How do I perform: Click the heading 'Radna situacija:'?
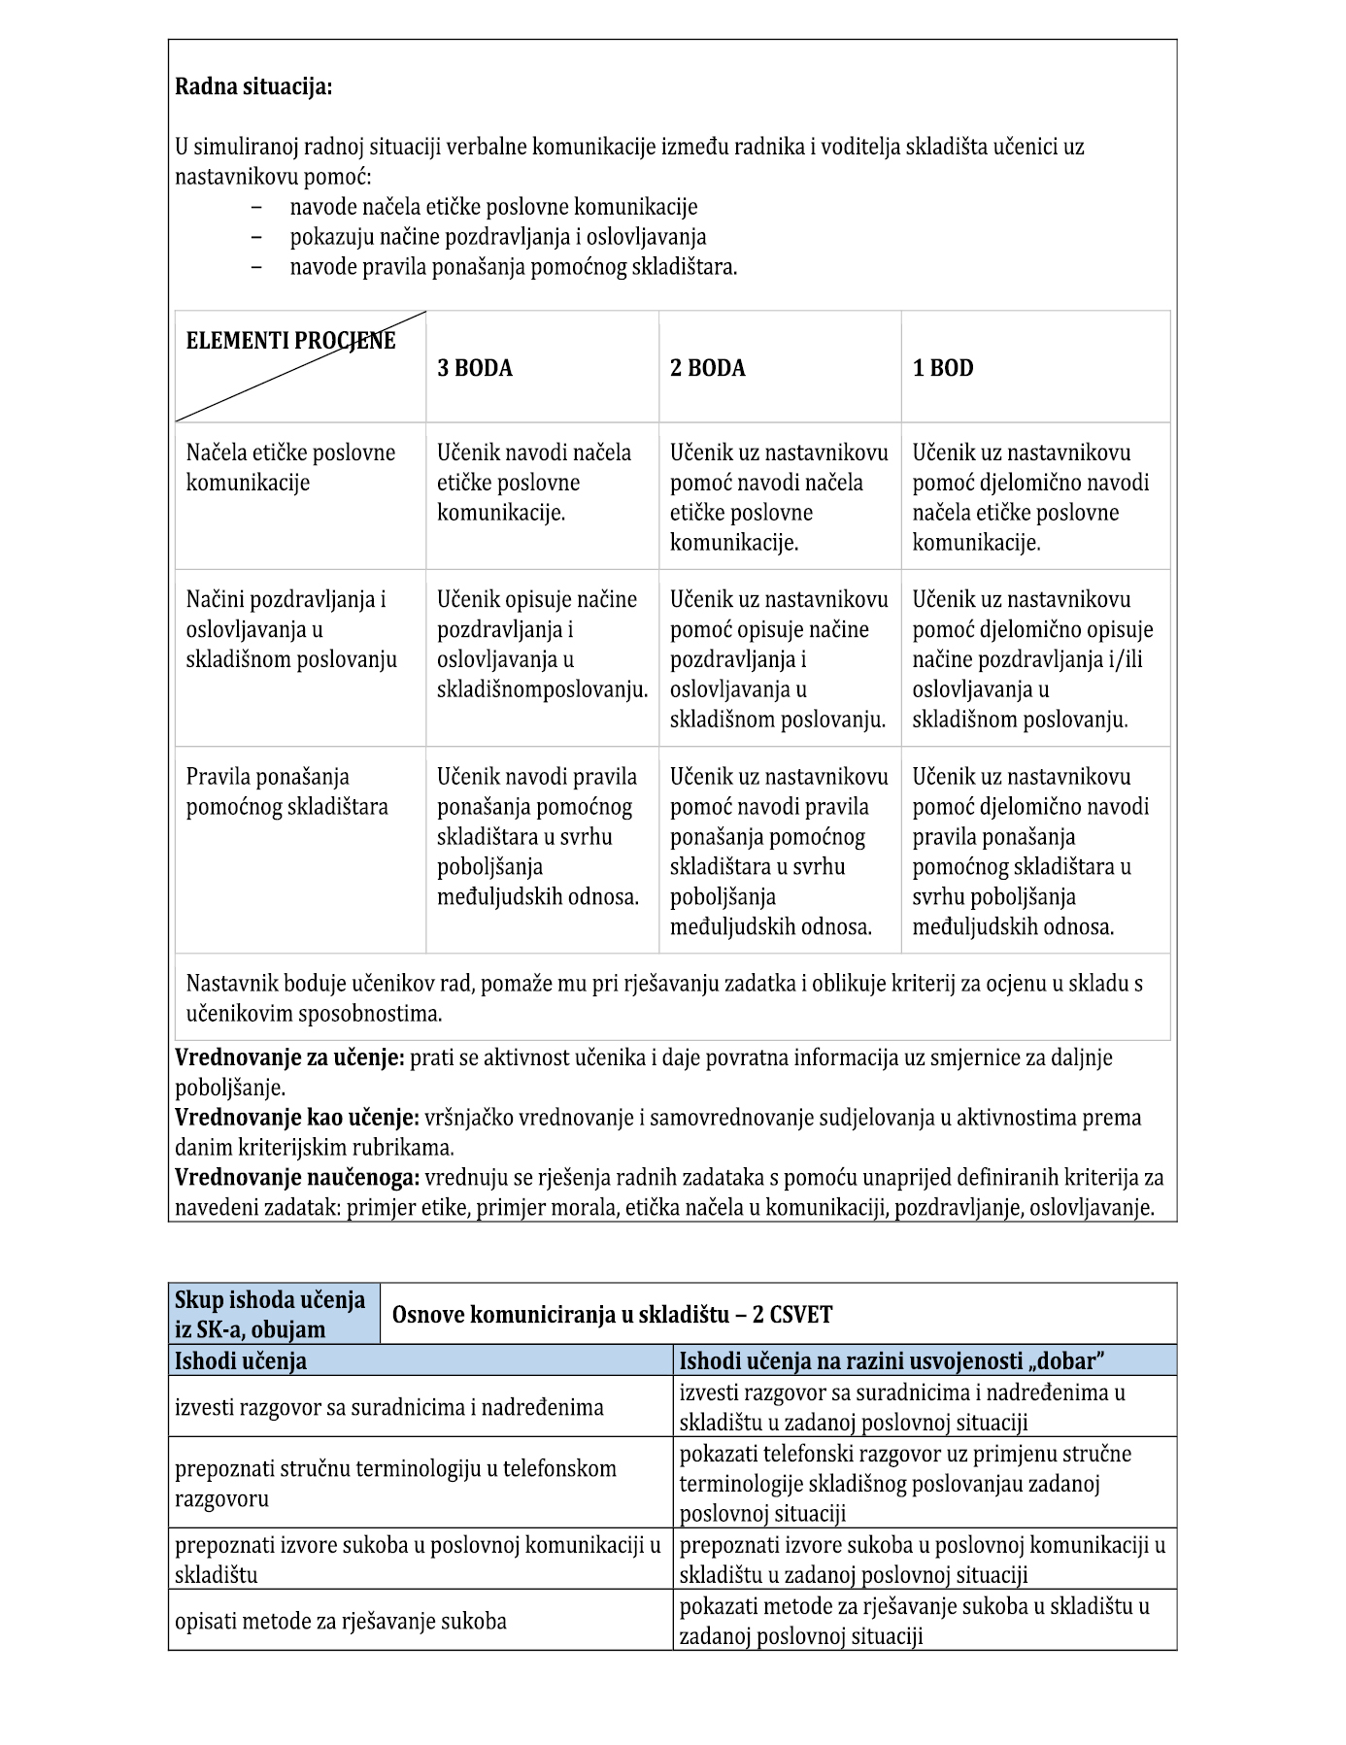(x=253, y=87)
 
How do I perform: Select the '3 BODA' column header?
(x=475, y=368)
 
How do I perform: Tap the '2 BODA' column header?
(x=708, y=368)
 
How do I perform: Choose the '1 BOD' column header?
(x=943, y=368)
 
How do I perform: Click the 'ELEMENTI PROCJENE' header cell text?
(x=290, y=341)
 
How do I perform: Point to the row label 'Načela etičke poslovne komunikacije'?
(x=290, y=467)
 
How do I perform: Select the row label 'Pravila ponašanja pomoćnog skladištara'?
(x=286, y=791)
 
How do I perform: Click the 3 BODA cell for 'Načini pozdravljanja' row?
(x=541, y=644)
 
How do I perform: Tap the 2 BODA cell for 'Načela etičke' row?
(x=779, y=497)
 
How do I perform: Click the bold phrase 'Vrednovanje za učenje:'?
(x=289, y=1057)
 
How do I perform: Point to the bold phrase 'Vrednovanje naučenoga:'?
(x=297, y=1178)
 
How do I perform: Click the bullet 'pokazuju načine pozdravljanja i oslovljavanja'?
(x=497, y=237)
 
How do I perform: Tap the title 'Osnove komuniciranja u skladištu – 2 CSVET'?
(x=612, y=1315)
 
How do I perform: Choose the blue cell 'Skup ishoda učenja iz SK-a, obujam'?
(x=270, y=1314)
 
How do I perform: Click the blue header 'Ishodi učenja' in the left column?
(x=241, y=1360)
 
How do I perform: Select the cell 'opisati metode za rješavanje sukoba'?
(x=341, y=1621)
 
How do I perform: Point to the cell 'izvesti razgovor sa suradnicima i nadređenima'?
(x=388, y=1407)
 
